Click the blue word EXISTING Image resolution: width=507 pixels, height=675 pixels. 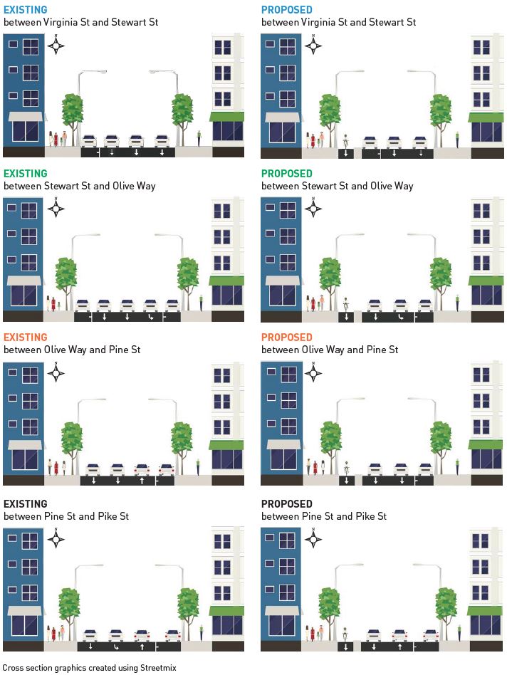coord(25,10)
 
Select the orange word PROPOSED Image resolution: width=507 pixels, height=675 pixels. coord(286,337)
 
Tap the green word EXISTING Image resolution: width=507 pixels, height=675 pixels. coord(25,174)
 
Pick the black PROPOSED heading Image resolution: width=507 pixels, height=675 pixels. coord(286,503)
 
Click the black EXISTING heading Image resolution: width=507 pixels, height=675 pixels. coord(25,503)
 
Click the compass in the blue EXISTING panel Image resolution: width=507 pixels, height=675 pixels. coord(57,47)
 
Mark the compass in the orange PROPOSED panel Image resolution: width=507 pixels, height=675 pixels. coord(314,373)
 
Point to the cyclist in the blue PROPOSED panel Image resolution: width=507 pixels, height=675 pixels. coord(346,140)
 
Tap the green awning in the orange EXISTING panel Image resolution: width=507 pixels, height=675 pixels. coord(226,445)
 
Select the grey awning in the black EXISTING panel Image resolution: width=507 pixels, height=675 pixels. coord(25,610)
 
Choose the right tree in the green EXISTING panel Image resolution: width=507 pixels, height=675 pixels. coord(188,274)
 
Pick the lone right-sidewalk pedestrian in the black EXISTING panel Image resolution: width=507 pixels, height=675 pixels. coord(201,630)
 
